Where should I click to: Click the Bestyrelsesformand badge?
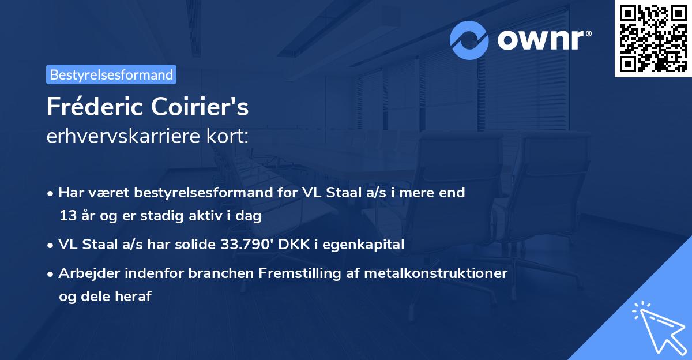pos(111,74)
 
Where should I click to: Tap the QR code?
pos(653,39)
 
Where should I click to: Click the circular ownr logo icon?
pos(469,40)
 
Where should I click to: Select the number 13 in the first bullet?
pos(67,216)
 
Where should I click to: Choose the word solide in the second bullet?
pos(194,245)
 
